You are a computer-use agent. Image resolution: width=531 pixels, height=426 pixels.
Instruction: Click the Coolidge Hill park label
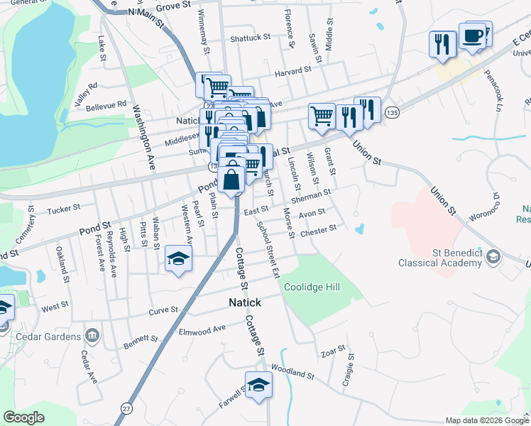coord(312,287)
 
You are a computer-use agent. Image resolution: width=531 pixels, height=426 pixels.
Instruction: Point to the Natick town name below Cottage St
coord(244,302)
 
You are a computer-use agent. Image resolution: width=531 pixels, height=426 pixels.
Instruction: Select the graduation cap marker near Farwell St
coord(259,386)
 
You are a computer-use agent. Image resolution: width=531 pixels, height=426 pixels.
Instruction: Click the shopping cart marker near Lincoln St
coord(322,116)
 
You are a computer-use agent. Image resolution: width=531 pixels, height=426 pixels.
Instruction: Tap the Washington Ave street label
coord(143,138)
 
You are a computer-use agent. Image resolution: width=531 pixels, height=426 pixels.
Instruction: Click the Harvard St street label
coord(294,70)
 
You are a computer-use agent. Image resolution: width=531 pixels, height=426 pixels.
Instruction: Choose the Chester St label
coord(317,231)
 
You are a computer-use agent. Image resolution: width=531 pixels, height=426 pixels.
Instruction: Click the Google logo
coord(24,417)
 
